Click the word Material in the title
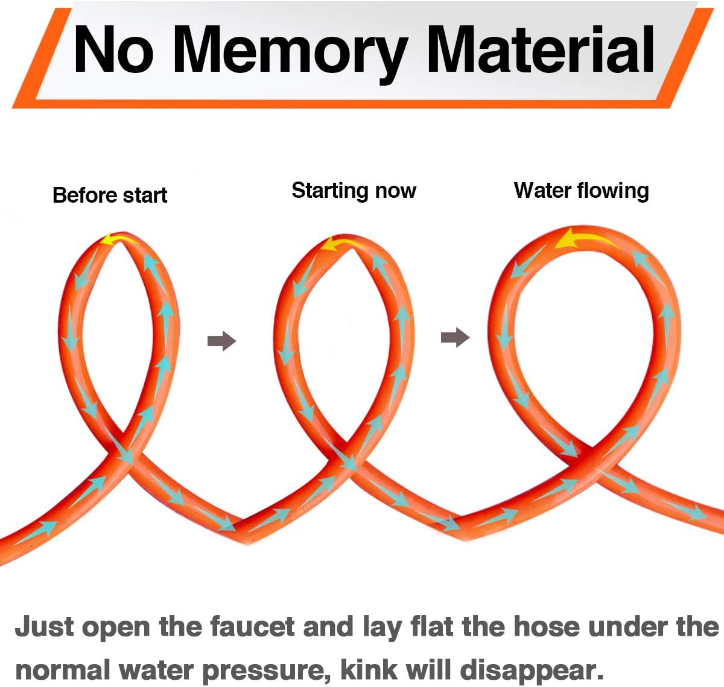click(541, 49)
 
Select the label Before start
click(110, 195)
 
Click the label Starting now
click(354, 191)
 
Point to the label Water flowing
click(581, 191)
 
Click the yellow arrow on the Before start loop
click(118, 239)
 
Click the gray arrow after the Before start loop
click(221, 341)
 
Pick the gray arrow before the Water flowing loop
click(455, 337)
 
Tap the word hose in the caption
click(547, 627)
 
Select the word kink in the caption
click(369, 670)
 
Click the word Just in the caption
click(44, 627)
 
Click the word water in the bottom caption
click(156, 670)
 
